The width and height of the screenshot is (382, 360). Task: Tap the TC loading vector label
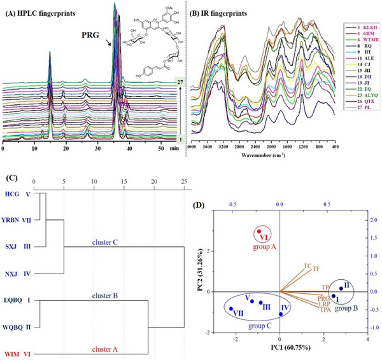tap(308, 265)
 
